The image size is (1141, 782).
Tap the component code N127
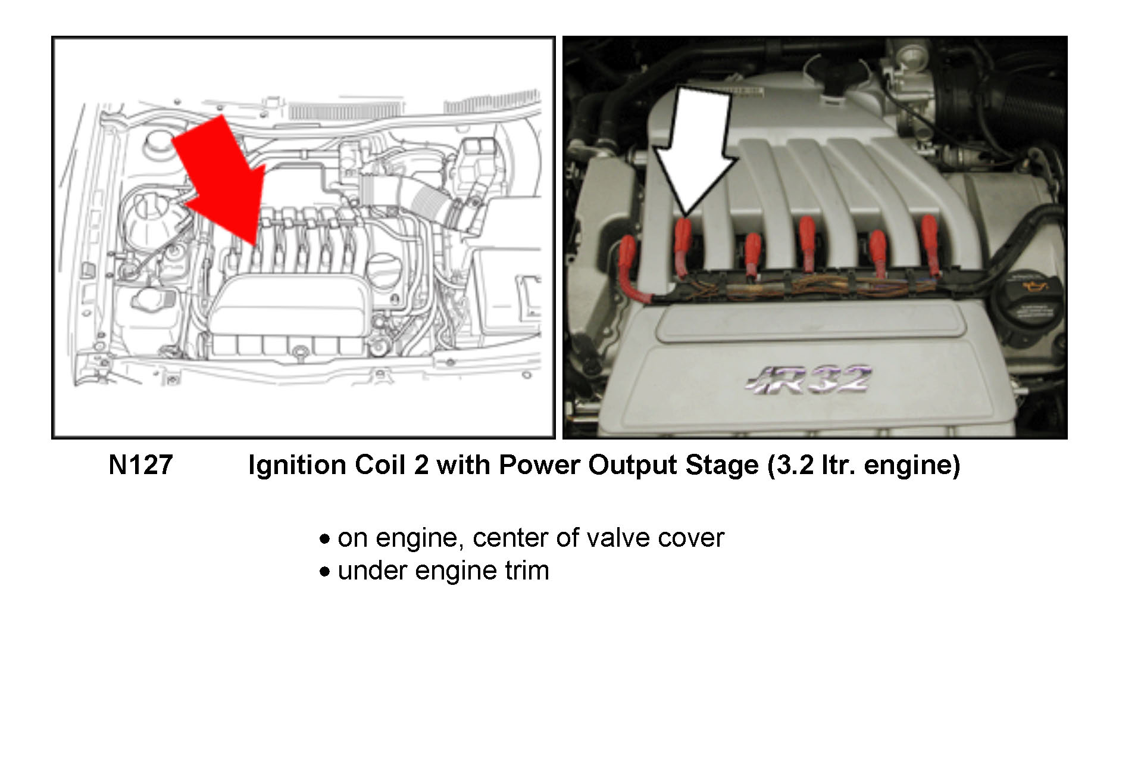point(140,465)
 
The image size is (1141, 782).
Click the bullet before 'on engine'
point(324,539)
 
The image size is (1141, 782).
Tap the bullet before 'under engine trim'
point(324,572)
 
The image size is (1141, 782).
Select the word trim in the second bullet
point(527,571)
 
